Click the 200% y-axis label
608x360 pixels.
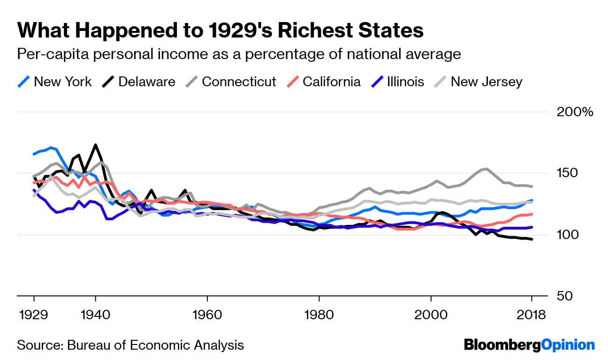point(575,112)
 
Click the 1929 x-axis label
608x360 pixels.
point(34,315)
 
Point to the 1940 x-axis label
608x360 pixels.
point(95,315)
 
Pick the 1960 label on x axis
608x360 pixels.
point(207,315)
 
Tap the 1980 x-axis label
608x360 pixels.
point(319,315)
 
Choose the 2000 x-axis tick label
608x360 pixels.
point(431,315)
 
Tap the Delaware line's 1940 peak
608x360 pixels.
point(96,145)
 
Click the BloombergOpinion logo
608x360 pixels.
point(529,345)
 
